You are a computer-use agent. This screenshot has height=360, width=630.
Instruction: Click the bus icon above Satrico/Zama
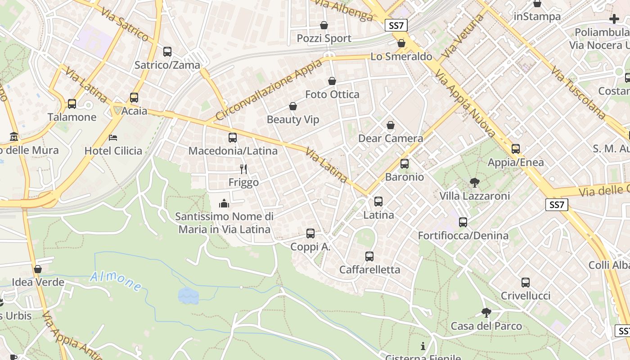click(167, 52)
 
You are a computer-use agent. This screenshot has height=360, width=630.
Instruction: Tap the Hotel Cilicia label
click(113, 151)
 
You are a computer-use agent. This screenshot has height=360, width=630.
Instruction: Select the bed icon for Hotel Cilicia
click(113, 137)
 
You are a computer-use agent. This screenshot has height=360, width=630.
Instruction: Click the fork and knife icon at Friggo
click(243, 169)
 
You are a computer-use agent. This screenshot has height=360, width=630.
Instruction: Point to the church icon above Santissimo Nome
click(224, 203)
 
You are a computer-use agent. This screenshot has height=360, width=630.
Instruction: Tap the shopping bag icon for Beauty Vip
click(293, 106)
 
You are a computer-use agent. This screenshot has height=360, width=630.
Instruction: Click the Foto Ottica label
click(332, 94)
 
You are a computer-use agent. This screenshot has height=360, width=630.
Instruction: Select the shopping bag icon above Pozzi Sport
click(324, 25)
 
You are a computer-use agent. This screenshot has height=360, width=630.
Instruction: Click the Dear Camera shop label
click(391, 139)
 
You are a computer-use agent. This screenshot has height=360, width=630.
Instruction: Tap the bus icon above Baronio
click(405, 164)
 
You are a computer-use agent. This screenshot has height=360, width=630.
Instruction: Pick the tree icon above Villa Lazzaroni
click(474, 182)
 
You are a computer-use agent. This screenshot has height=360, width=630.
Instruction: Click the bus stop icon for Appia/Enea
click(516, 149)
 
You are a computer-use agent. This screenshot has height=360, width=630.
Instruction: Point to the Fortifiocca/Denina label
click(463, 235)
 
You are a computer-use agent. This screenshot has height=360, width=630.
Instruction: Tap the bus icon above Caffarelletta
click(369, 256)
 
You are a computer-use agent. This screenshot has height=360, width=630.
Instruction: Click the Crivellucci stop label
click(526, 296)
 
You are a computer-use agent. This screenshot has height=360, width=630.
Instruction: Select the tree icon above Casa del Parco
click(486, 313)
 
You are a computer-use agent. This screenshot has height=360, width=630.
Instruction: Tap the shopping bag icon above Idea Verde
click(38, 269)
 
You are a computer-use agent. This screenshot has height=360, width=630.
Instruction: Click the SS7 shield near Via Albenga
click(396, 26)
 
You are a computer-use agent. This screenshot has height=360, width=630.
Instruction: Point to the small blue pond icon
click(188, 296)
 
